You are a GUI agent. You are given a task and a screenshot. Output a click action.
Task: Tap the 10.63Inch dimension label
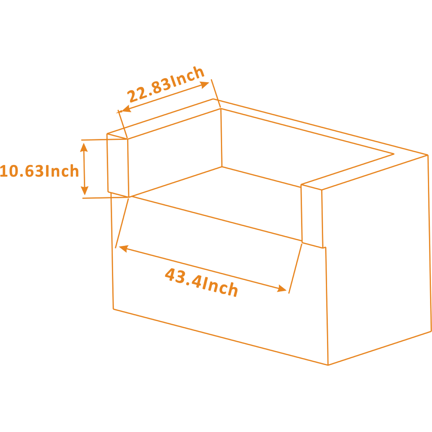click(39, 171)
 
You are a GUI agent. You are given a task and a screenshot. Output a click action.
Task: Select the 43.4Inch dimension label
click(202, 282)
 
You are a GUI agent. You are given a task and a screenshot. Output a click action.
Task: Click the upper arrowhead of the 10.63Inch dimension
click(84, 148)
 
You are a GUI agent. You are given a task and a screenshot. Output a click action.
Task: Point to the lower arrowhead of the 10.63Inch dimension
click(84, 190)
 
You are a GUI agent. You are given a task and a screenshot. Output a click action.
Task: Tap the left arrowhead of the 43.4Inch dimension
click(124, 248)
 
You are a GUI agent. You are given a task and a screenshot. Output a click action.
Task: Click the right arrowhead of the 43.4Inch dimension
click(282, 288)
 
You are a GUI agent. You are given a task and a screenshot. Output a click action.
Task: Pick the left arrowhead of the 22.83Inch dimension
click(126, 109)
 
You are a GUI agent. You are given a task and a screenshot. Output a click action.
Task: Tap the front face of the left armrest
click(118, 165)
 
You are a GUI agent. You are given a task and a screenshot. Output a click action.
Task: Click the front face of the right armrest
click(312, 216)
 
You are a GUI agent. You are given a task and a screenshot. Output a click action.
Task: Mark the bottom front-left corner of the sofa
click(113, 309)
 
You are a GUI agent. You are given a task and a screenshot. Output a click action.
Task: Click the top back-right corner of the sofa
click(428, 155)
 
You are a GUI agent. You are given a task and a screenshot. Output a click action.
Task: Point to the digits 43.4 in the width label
click(183, 278)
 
